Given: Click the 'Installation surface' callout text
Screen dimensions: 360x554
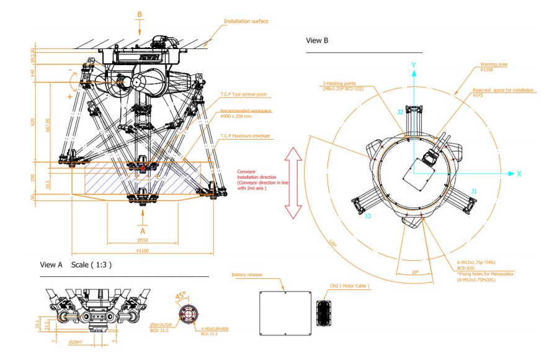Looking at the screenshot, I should (x=247, y=21).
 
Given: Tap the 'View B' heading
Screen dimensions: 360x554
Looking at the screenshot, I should (x=317, y=40).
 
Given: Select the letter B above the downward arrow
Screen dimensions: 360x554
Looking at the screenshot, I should (x=140, y=14).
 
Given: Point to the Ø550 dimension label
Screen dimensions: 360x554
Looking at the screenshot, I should (x=142, y=240).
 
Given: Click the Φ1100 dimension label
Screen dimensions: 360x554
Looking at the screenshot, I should (x=142, y=251).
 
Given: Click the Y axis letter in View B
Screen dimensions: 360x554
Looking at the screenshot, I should (x=414, y=64).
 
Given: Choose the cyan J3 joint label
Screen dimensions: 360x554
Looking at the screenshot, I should (x=368, y=215).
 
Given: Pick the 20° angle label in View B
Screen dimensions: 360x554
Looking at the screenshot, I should (x=414, y=271).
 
